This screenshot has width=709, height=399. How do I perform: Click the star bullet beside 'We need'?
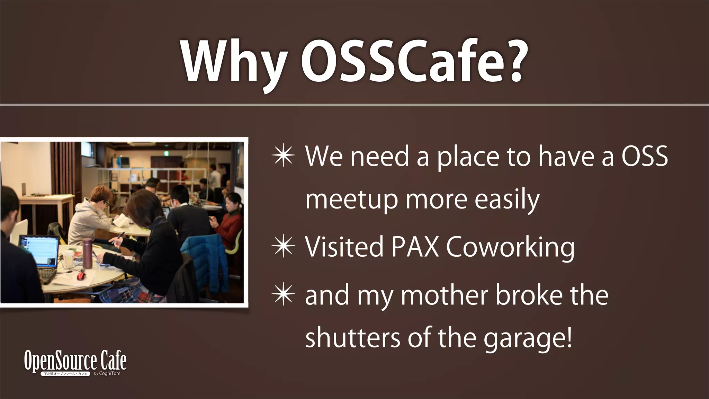point(284,156)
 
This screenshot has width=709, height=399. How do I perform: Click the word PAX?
point(415,247)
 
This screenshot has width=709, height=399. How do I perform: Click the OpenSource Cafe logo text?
point(75,361)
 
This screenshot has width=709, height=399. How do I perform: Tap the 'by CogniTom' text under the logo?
point(107,373)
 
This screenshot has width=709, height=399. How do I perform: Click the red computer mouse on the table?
point(81,276)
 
